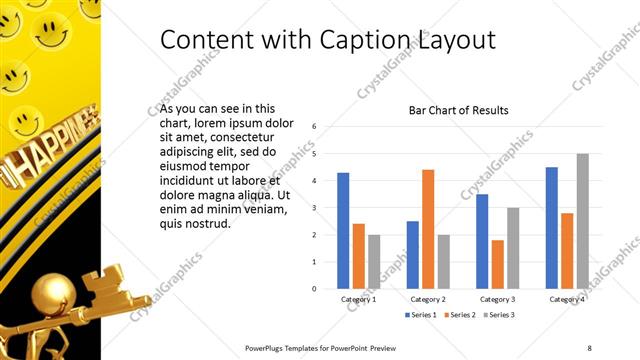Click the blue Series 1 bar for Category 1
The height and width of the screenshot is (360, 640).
coord(343,231)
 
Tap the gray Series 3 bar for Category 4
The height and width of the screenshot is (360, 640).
coord(583,221)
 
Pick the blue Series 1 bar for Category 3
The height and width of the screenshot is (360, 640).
coord(482,241)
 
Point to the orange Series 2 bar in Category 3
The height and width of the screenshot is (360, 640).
coord(497,264)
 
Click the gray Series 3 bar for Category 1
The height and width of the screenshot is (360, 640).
coord(374,262)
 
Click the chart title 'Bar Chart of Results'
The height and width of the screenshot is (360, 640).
coord(459,110)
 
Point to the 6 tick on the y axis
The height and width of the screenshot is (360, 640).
coord(315,127)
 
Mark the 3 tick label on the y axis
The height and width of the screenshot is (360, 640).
coord(315,208)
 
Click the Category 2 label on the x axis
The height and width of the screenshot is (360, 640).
coord(428,299)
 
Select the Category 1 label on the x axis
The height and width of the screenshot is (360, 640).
coord(358,299)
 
